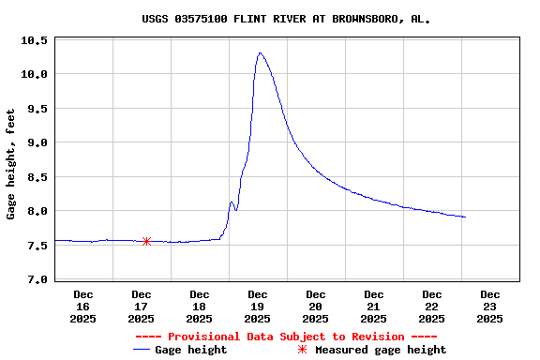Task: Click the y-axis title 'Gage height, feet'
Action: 11,164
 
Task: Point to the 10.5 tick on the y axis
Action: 35,40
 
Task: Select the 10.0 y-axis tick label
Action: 35,74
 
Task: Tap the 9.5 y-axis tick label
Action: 35,109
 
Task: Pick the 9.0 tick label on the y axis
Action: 35,142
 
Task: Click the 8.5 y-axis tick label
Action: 35,177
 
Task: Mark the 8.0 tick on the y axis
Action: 35,211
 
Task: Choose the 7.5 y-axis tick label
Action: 35,246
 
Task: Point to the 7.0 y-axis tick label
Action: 35,279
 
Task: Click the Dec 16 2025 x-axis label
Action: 82,307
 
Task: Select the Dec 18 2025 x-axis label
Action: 199,307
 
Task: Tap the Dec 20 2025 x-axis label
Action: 315,307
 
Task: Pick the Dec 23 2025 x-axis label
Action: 489,307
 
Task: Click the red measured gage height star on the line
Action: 146,241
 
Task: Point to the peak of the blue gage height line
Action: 260,53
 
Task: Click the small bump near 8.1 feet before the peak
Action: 232,202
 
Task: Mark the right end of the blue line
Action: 465,217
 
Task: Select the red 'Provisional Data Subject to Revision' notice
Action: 286,337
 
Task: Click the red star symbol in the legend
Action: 302,350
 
